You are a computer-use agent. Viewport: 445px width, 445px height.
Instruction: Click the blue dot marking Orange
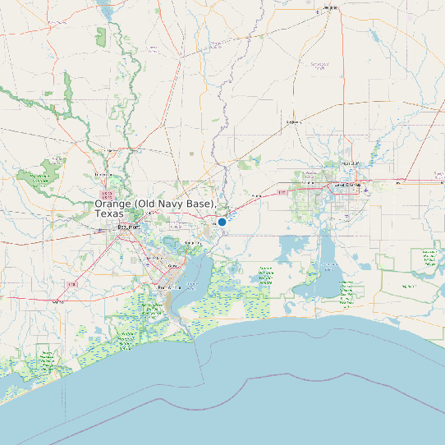click(222, 222)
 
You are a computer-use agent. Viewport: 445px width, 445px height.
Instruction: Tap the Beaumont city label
click(129, 227)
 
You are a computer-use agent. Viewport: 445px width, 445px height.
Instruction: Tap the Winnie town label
click(57, 302)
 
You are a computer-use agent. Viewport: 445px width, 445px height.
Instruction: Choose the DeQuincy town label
click(293, 122)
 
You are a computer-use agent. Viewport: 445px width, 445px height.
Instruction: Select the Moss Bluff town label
click(351, 163)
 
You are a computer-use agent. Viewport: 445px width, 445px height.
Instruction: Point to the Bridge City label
click(194, 244)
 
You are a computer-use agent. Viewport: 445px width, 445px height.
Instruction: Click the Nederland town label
click(152, 259)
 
